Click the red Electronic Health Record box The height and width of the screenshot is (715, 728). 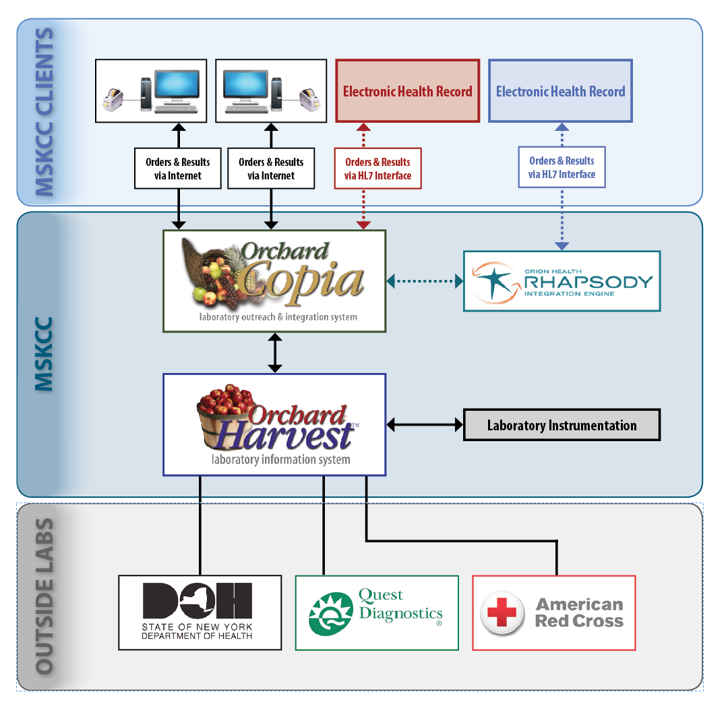tap(407, 91)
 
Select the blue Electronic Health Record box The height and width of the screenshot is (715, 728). tap(560, 91)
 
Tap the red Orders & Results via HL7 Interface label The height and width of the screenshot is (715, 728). tap(378, 169)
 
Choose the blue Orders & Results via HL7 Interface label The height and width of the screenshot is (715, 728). tap(562, 167)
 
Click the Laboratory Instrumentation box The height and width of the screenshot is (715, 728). tap(562, 425)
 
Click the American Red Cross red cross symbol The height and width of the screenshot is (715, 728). tap(502, 612)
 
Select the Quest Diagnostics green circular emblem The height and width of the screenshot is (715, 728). tap(331, 613)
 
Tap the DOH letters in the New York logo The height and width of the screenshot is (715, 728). tap(197, 600)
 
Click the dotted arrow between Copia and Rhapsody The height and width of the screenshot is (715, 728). tap(425, 281)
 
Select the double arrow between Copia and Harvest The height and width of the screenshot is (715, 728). tap(275, 353)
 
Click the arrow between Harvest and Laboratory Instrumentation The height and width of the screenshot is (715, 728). tap(425, 425)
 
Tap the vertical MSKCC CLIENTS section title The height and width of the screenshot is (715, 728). tap(44, 112)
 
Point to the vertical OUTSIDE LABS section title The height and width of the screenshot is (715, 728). tap(44, 596)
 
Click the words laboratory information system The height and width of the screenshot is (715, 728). tap(280, 459)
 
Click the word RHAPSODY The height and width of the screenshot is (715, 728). tap(588, 282)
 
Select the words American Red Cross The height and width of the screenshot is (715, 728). tap(579, 612)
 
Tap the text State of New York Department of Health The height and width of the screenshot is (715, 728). tap(197, 631)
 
